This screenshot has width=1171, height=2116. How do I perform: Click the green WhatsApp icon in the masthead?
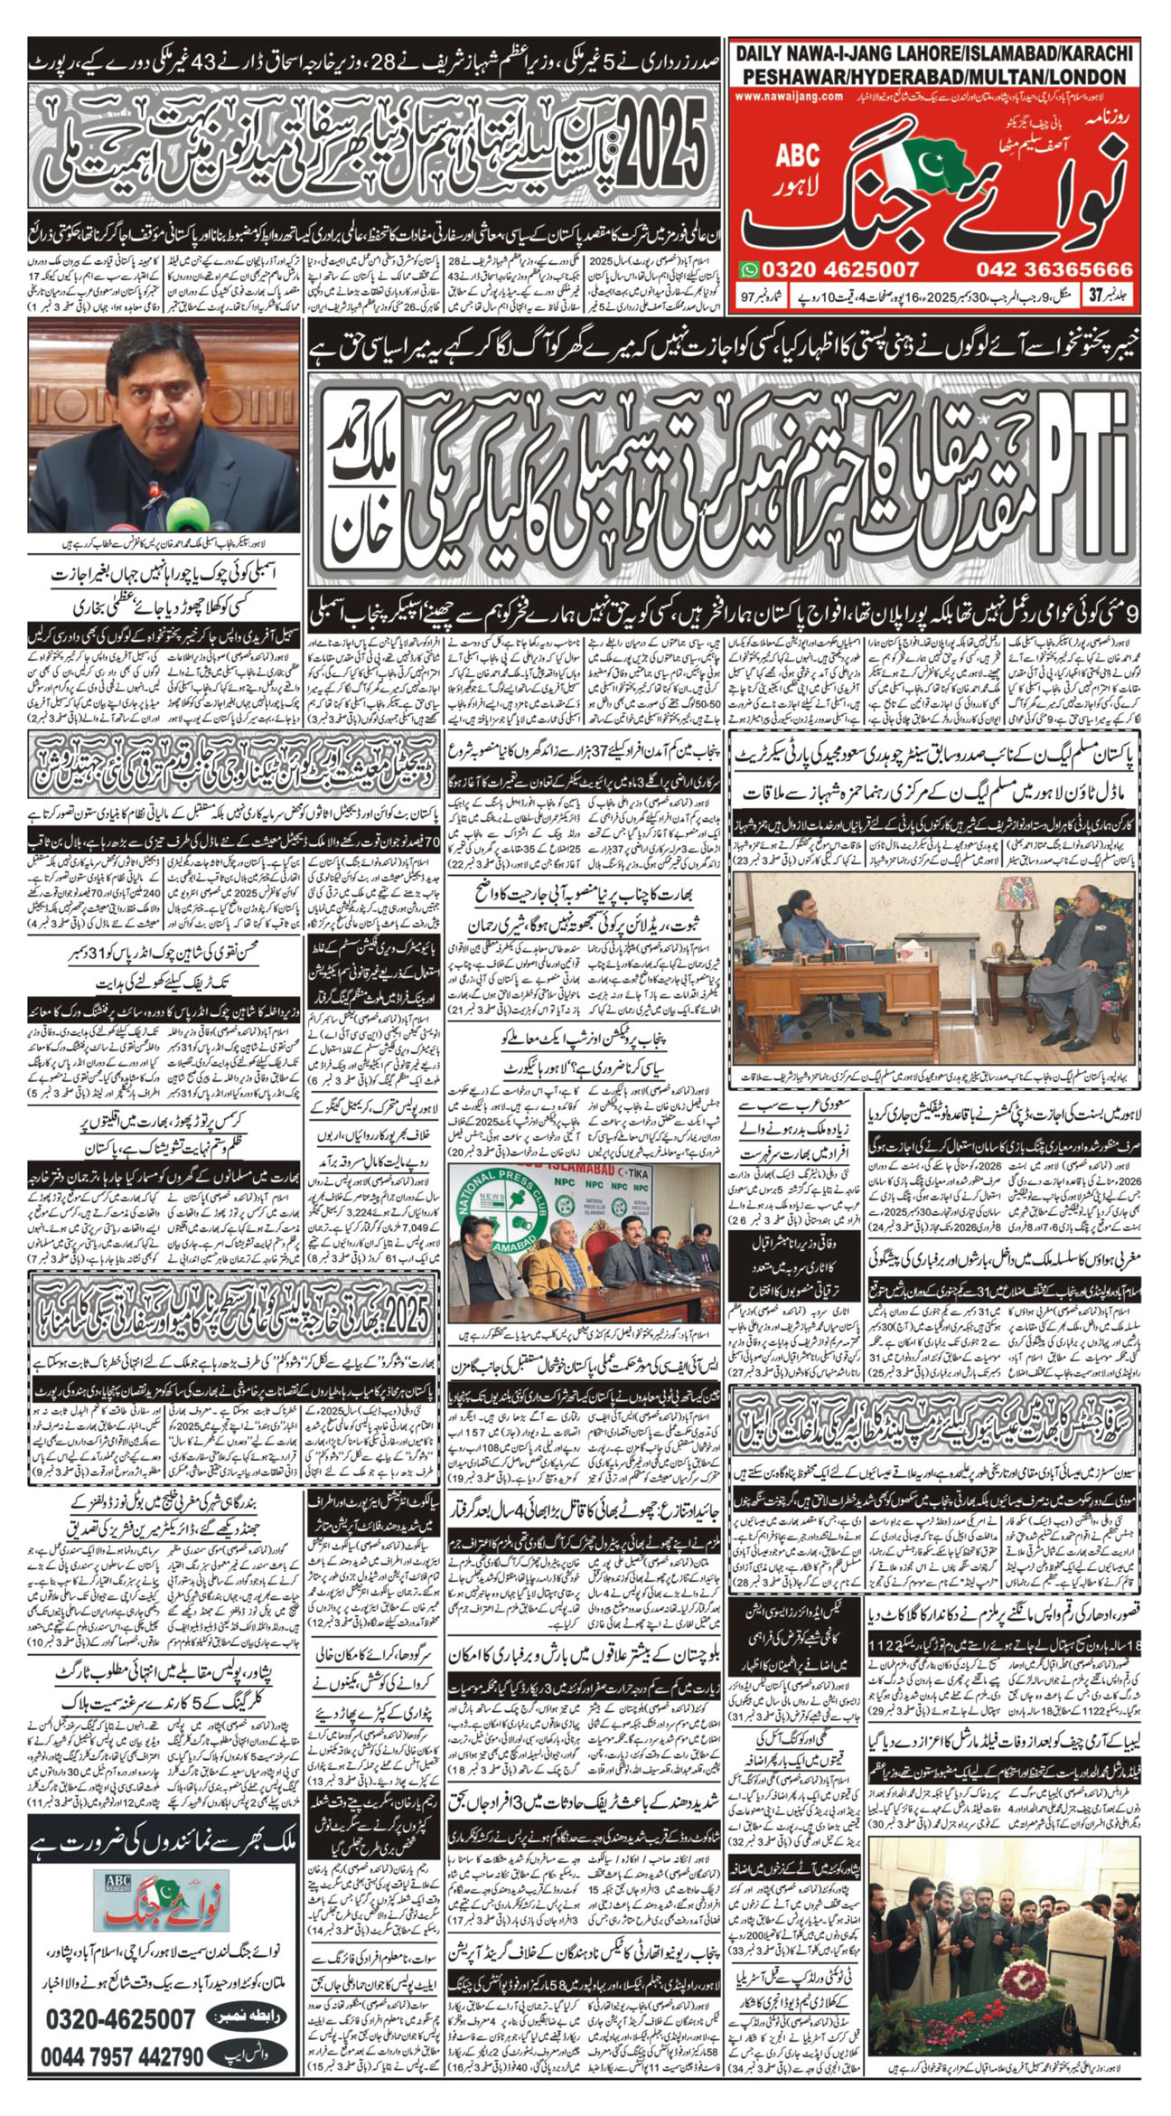(x=750, y=268)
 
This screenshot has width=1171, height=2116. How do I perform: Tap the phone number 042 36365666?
(x=1054, y=269)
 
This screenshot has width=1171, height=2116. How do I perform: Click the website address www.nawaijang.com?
(x=789, y=95)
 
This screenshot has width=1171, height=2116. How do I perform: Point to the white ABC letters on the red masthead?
(x=798, y=155)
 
